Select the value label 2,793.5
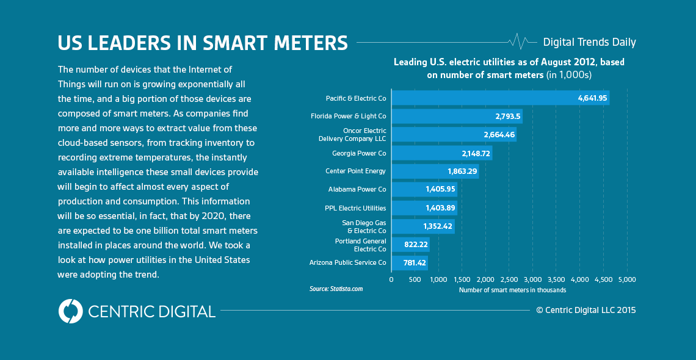(x=507, y=116)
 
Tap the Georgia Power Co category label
(x=359, y=153)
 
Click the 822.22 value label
(x=415, y=245)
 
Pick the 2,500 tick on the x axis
(x=509, y=279)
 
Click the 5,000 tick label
(x=627, y=279)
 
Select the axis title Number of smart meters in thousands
(x=512, y=290)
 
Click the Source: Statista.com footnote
(x=336, y=289)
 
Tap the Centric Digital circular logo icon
(x=70, y=311)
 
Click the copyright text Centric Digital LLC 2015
(x=586, y=310)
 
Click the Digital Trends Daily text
(x=589, y=42)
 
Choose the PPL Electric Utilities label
(x=355, y=208)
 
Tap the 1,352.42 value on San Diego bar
(x=438, y=226)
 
